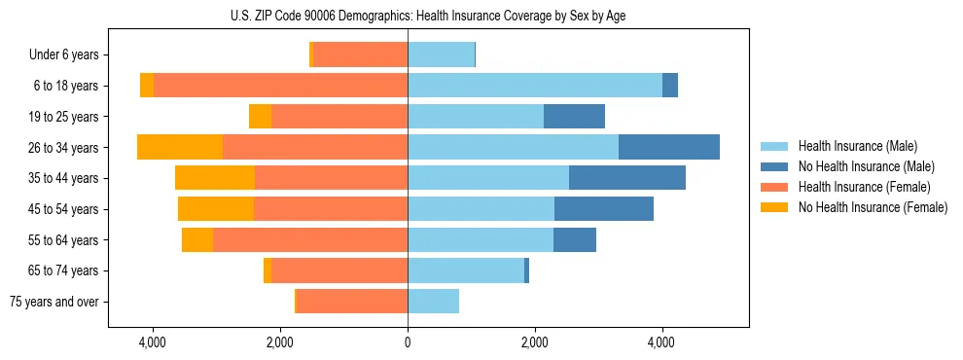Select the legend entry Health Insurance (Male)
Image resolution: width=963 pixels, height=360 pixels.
[856, 146]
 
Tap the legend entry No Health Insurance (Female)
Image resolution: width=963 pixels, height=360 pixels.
[873, 207]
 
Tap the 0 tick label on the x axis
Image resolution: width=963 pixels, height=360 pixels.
[408, 342]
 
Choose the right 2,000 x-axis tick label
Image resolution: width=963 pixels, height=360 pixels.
[535, 342]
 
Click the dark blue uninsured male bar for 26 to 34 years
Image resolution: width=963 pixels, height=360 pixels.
[669, 147]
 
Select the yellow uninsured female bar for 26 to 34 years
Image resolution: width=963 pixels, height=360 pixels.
[180, 147]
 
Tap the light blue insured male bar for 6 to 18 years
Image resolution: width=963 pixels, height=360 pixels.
[535, 86]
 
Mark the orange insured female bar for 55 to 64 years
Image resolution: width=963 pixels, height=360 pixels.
[310, 239]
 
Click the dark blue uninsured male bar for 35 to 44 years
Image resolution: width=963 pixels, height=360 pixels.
[627, 178]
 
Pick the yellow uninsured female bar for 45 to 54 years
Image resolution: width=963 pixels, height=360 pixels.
[216, 209]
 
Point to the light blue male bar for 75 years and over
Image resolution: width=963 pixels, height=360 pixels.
[433, 302]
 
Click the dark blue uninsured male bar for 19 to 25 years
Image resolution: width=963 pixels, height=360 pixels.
[574, 117]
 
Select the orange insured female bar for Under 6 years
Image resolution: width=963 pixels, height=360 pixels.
[360, 55]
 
